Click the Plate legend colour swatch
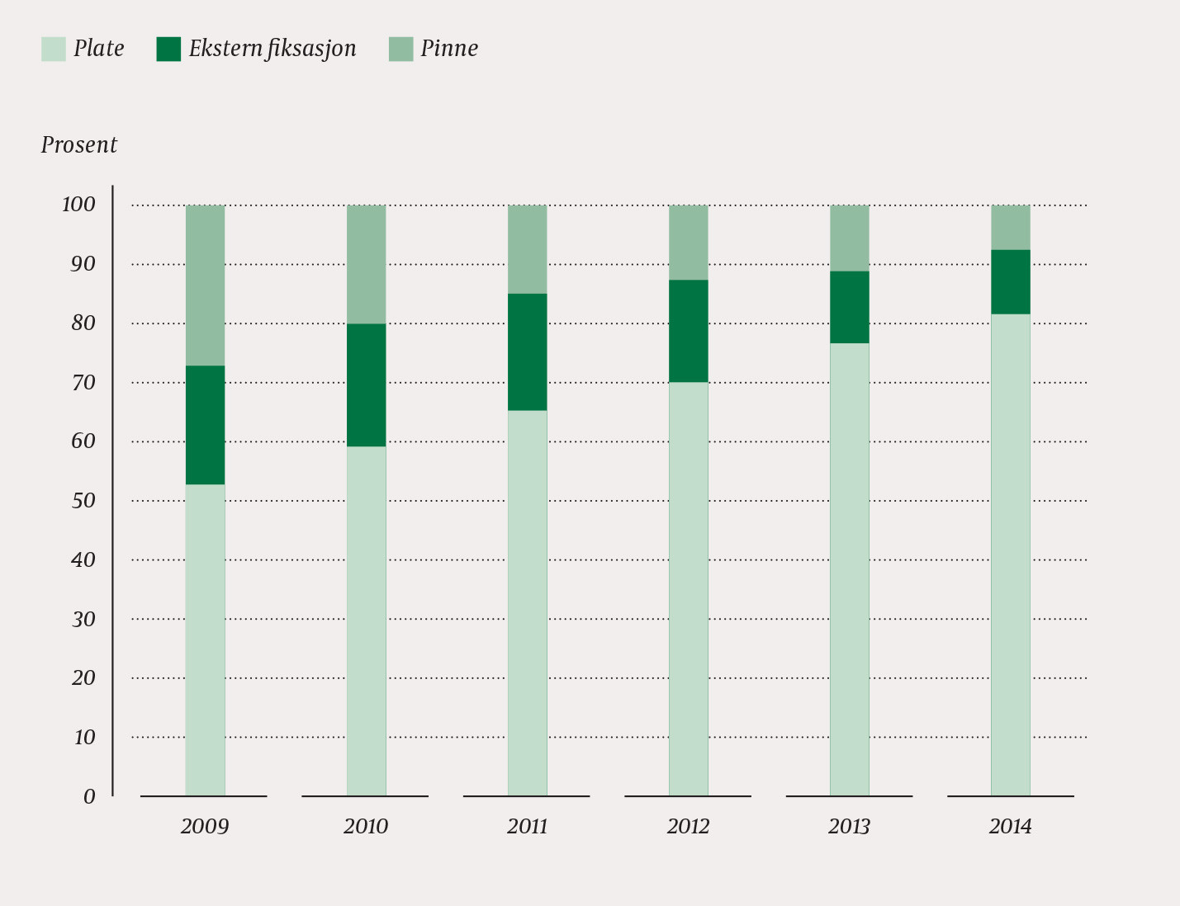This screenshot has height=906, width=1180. click(x=53, y=49)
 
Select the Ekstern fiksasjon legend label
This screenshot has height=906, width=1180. click(x=272, y=49)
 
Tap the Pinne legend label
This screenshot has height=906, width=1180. click(x=449, y=49)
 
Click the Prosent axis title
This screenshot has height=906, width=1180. click(x=79, y=145)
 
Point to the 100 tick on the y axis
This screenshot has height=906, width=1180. click(x=79, y=205)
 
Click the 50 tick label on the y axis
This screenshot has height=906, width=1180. click(x=83, y=501)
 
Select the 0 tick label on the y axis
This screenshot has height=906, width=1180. click(x=89, y=796)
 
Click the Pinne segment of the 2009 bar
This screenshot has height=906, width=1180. click(x=205, y=285)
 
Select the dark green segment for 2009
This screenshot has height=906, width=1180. click(x=205, y=425)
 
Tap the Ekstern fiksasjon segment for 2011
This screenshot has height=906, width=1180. click(x=527, y=352)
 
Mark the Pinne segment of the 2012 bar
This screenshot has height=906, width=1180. click(x=688, y=243)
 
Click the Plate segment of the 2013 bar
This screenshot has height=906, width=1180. click(x=849, y=569)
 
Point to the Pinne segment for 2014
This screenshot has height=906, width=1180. click(x=1010, y=227)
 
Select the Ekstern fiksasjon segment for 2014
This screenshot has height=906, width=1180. click(x=1010, y=281)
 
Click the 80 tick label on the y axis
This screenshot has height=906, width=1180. click(x=83, y=323)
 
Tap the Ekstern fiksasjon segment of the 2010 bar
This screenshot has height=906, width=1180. click(x=366, y=385)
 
